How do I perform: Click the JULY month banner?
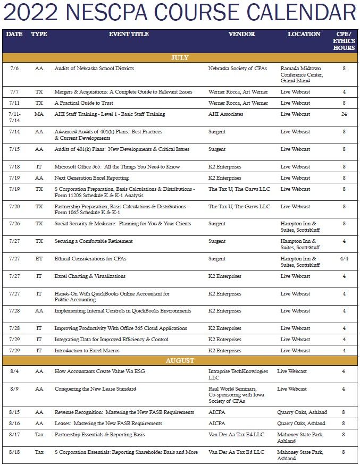click(180, 58)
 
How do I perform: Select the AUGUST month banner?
click(180, 361)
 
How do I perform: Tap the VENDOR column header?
click(241, 34)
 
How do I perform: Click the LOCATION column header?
click(304, 34)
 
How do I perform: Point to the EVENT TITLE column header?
click(129, 34)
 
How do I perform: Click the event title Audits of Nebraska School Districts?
click(94, 69)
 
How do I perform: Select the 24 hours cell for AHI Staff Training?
click(344, 114)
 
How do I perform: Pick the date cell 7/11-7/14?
click(15, 117)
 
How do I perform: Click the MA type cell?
click(39, 114)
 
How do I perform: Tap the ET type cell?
click(39, 259)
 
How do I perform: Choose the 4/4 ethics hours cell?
click(344, 259)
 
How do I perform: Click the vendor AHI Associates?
click(225, 114)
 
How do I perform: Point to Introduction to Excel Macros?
click(87, 351)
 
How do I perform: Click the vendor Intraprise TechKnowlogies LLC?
click(238, 374)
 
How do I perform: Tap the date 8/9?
click(15, 389)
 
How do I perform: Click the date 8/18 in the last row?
click(15, 452)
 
